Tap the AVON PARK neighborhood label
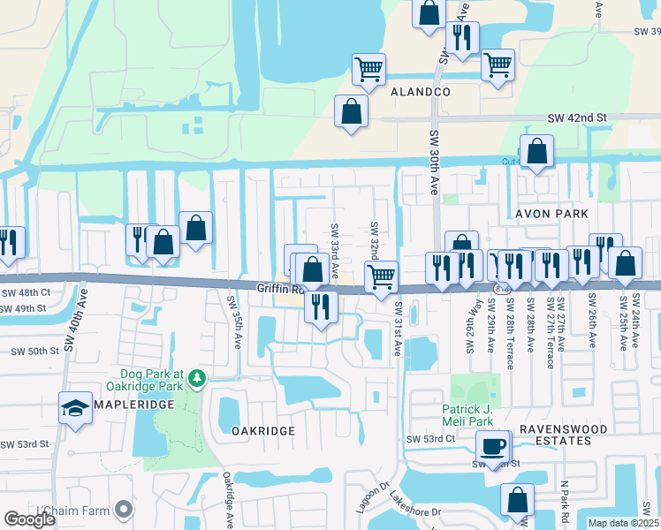pyautogui.click(x=545, y=214)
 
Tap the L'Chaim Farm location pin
pyautogui.click(x=124, y=510)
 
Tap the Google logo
pyautogui.click(x=29, y=519)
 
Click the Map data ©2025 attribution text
pyautogui.click(x=624, y=523)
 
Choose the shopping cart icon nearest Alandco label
pyautogui.click(x=368, y=67)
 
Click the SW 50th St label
pyautogui.click(x=34, y=351)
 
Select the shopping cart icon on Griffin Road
pyautogui.click(x=381, y=276)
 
